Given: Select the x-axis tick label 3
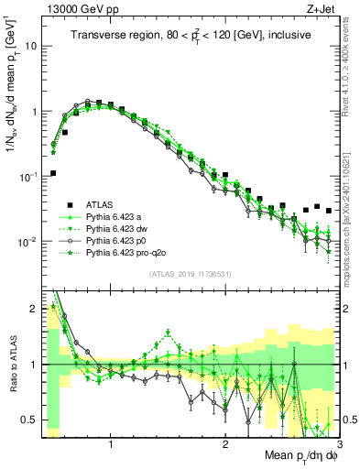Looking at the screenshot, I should click(x=339, y=444).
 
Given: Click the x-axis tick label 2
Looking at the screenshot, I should click(x=225, y=444).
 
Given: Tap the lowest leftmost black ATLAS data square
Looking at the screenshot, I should click(x=53, y=173).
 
